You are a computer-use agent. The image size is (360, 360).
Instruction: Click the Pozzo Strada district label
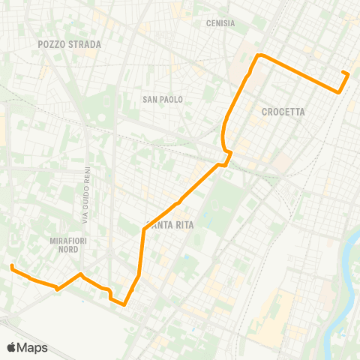(x=69, y=44)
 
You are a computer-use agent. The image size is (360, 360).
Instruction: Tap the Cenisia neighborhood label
(x=220, y=23)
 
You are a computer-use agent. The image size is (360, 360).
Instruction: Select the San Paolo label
(x=163, y=99)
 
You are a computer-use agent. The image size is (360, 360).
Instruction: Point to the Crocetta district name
(x=283, y=112)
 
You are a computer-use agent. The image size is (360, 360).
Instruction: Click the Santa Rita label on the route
(x=163, y=226)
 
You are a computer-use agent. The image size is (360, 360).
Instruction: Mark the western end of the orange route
(x=12, y=266)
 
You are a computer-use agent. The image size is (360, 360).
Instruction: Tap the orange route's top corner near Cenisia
(x=259, y=55)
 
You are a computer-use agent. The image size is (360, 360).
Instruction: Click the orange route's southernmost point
(x=124, y=305)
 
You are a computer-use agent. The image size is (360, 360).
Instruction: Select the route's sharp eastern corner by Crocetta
(x=339, y=92)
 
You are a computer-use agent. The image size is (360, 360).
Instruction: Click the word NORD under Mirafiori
(x=69, y=250)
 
